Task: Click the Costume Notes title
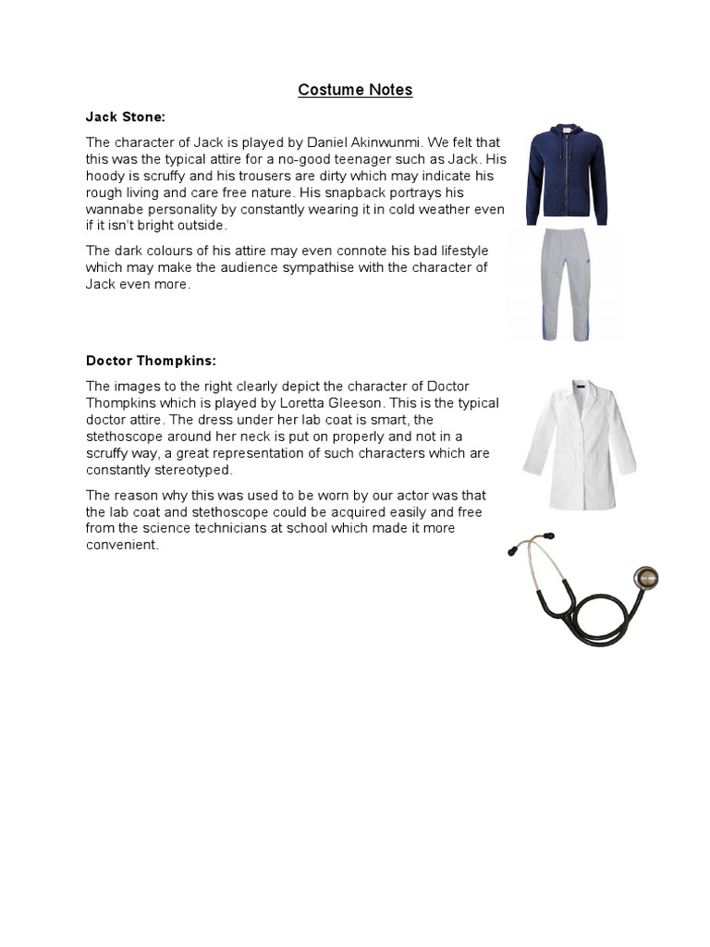(x=355, y=90)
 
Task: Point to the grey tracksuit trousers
(x=566, y=286)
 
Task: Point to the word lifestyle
(x=459, y=252)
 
